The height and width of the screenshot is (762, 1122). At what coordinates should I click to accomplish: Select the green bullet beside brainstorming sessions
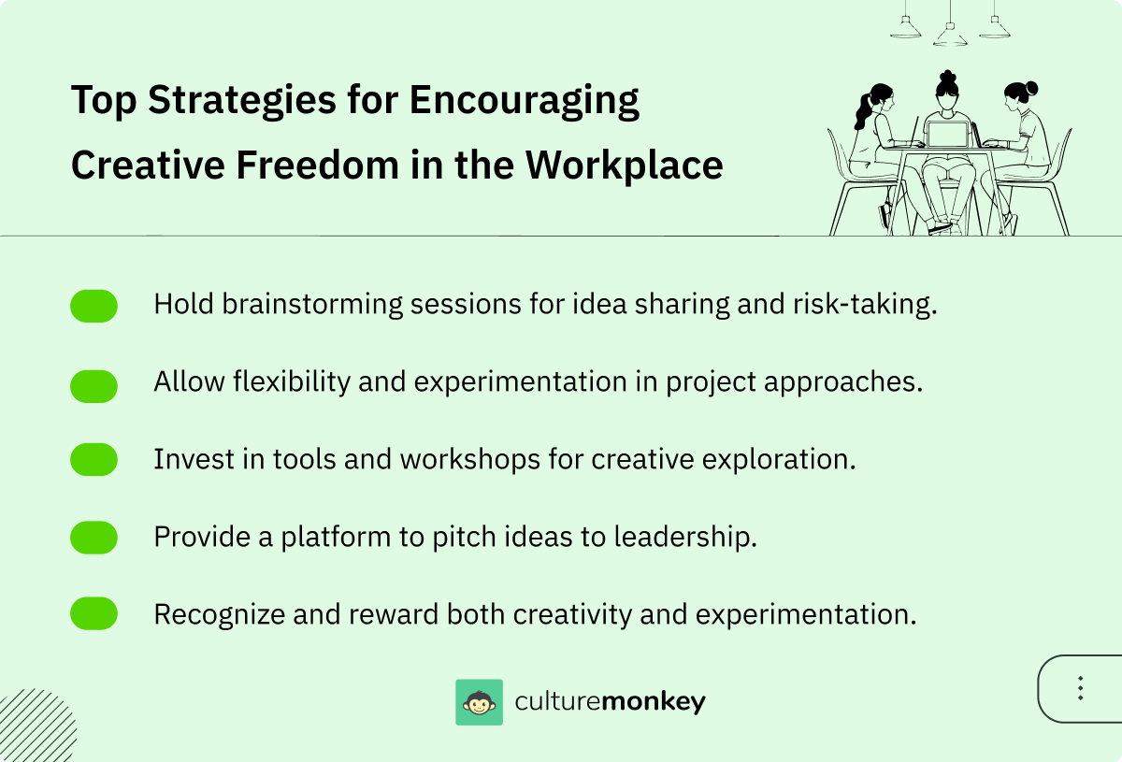(93, 306)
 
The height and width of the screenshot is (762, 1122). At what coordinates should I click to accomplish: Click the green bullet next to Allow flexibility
(93, 384)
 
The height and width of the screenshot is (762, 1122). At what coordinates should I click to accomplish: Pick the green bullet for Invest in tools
(93, 460)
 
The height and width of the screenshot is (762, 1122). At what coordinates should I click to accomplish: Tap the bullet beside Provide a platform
(93, 538)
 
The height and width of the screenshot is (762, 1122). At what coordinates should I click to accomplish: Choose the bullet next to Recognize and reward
(93, 614)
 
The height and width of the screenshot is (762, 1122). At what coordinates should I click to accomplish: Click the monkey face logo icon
(479, 702)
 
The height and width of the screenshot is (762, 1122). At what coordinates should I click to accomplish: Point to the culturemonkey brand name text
(611, 702)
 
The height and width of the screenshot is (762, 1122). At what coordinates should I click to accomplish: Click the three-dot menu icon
(1080, 689)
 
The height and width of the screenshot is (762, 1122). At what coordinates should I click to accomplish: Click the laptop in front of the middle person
(948, 136)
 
